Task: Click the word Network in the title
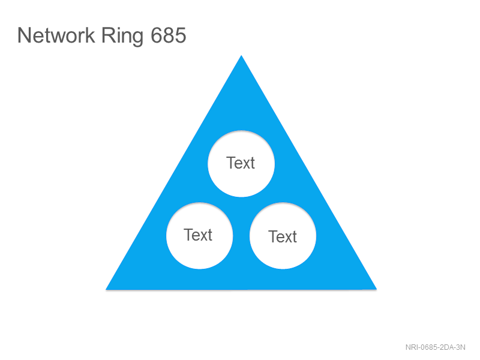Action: point(56,35)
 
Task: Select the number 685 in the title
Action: point(169,35)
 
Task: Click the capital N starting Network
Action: point(24,35)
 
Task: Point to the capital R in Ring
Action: point(108,35)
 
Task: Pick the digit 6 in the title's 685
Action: point(157,35)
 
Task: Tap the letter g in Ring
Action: point(138,38)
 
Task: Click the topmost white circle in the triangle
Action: point(241,163)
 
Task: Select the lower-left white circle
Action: point(200,236)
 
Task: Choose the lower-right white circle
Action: point(283,236)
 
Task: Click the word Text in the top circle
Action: point(241,163)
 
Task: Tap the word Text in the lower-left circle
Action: point(198,235)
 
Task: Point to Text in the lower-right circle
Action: point(283,236)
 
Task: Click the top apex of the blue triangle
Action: point(241,55)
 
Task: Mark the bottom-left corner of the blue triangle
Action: point(106,289)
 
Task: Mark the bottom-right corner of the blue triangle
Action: point(377,289)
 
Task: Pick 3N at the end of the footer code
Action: point(461,347)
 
